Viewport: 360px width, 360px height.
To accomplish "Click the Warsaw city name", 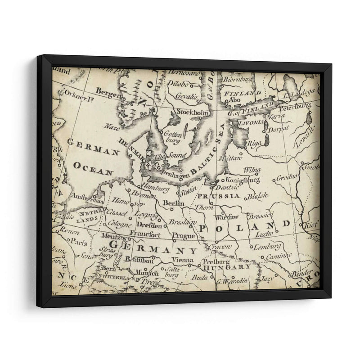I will pyautogui.click(x=227, y=217).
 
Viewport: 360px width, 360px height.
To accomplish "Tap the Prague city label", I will pyautogui.click(x=183, y=235).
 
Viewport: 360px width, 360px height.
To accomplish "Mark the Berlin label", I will pyautogui.click(x=174, y=203).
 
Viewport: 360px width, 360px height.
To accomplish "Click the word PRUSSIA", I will pyautogui.click(x=218, y=196).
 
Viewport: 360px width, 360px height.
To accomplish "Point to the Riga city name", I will pyautogui.click(x=254, y=144).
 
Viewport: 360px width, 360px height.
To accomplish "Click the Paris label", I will pyautogui.click(x=79, y=242).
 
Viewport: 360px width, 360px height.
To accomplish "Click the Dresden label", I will pyautogui.click(x=148, y=225).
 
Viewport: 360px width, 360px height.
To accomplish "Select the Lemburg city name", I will pyautogui.click(x=267, y=246).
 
